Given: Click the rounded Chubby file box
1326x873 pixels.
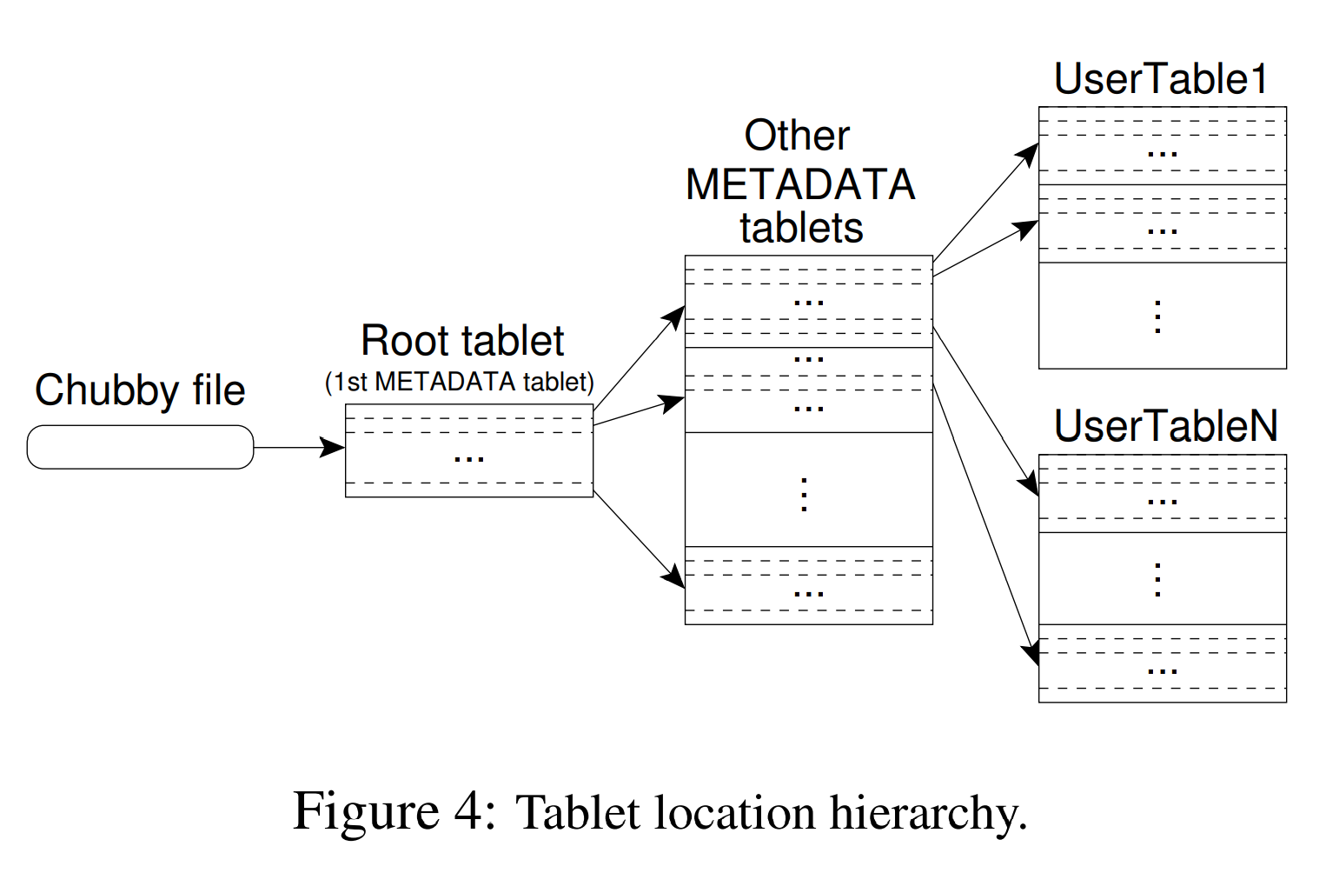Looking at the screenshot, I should pos(140,447).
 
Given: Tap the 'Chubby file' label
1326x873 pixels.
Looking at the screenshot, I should pos(140,390).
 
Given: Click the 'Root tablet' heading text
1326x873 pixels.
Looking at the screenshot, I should pos(462,341).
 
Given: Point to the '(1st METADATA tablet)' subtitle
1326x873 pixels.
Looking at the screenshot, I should pos(459,382).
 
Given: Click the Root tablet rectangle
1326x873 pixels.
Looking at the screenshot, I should pos(468,450).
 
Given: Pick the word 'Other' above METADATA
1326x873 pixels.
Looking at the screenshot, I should pos(797,136).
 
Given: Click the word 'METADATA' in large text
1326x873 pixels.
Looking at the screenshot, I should pos(800,184).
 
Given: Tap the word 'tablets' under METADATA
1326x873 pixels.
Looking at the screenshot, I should pos(801,229).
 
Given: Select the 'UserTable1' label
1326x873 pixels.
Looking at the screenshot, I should pos(1161,79).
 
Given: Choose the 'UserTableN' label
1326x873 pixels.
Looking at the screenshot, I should pos(1165,426).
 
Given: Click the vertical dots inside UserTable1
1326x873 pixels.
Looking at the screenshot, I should pos(1157,317).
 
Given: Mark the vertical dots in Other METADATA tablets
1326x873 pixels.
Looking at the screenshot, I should pos(805,494).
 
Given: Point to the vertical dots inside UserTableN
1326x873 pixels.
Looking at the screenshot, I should pos(1157,579).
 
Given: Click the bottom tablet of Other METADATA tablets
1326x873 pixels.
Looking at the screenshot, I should pos(808,585).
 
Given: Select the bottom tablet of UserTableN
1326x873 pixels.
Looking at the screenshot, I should pos(1162,663).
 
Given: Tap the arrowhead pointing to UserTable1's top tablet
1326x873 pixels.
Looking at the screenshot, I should pos(1031,154).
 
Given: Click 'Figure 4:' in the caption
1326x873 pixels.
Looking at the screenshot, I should pos(394,812).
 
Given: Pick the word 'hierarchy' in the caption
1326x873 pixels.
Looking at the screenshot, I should pos(926,814).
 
